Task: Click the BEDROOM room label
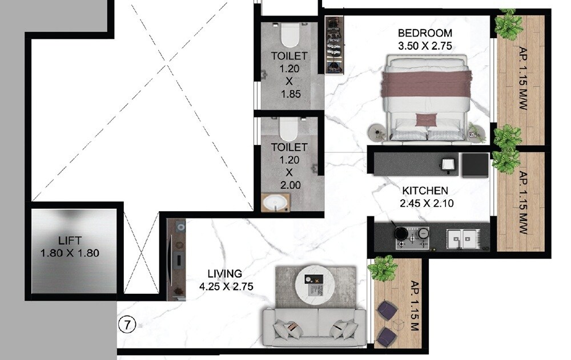(x=425, y=33)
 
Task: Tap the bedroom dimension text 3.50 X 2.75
(x=425, y=46)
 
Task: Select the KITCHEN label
(x=425, y=191)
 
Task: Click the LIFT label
(x=70, y=239)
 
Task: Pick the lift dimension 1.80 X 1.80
(x=70, y=252)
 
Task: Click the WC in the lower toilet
(x=289, y=130)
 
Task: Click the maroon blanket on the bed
(x=425, y=83)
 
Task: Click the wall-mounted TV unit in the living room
(x=178, y=260)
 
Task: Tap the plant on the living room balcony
(x=383, y=266)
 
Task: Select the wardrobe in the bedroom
(x=334, y=45)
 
